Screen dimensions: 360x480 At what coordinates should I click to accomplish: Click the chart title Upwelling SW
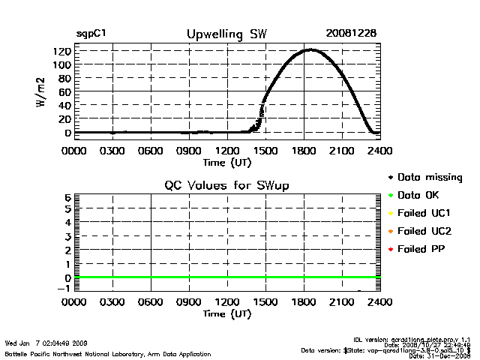(x=226, y=34)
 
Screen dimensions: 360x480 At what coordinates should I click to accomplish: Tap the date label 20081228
(x=351, y=34)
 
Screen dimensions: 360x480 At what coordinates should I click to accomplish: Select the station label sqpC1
(x=91, y=34)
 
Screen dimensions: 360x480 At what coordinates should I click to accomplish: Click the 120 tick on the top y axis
(x=62, y=51)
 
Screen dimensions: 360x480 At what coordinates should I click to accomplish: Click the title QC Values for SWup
(x=226, y=185)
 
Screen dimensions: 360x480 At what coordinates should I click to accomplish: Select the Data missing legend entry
(x=428, y=178)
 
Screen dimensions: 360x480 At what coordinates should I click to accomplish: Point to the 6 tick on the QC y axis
(x=67, y=197)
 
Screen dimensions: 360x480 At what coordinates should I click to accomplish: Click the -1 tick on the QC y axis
(x=65, y=289)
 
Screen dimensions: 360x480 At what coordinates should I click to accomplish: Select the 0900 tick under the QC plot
(x=189, y=303)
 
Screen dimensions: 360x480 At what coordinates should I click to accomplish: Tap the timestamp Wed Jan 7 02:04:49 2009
(x=46, y=343)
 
